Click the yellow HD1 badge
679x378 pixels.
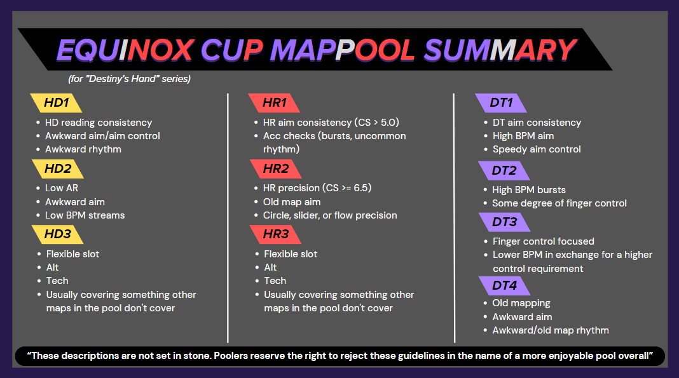click(56, 103)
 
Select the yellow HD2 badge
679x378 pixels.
click(58, 169)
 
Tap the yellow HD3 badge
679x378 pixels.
click(58, 234)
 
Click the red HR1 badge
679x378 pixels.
click(274, 103)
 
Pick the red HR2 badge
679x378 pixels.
click(276, 169)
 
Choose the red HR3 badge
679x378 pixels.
click(276, 234)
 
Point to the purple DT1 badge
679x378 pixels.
click(501, 103)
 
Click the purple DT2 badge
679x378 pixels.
click(504, 170)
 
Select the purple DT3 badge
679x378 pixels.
click(505, 222)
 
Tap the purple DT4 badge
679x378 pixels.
click(505, 286)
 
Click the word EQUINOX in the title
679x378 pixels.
click(126, 50)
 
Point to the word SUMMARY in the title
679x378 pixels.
click(500, 50)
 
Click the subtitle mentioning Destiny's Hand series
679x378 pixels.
click(130, 79)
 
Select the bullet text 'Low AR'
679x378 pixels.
click(62, 188)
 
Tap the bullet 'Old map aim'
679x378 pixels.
click(292, 202)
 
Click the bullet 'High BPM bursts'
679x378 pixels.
click(529, 190)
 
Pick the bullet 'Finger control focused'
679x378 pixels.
click(544, 241)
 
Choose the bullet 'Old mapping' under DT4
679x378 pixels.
click(521, 303)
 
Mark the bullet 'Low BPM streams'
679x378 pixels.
click(85, 215)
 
